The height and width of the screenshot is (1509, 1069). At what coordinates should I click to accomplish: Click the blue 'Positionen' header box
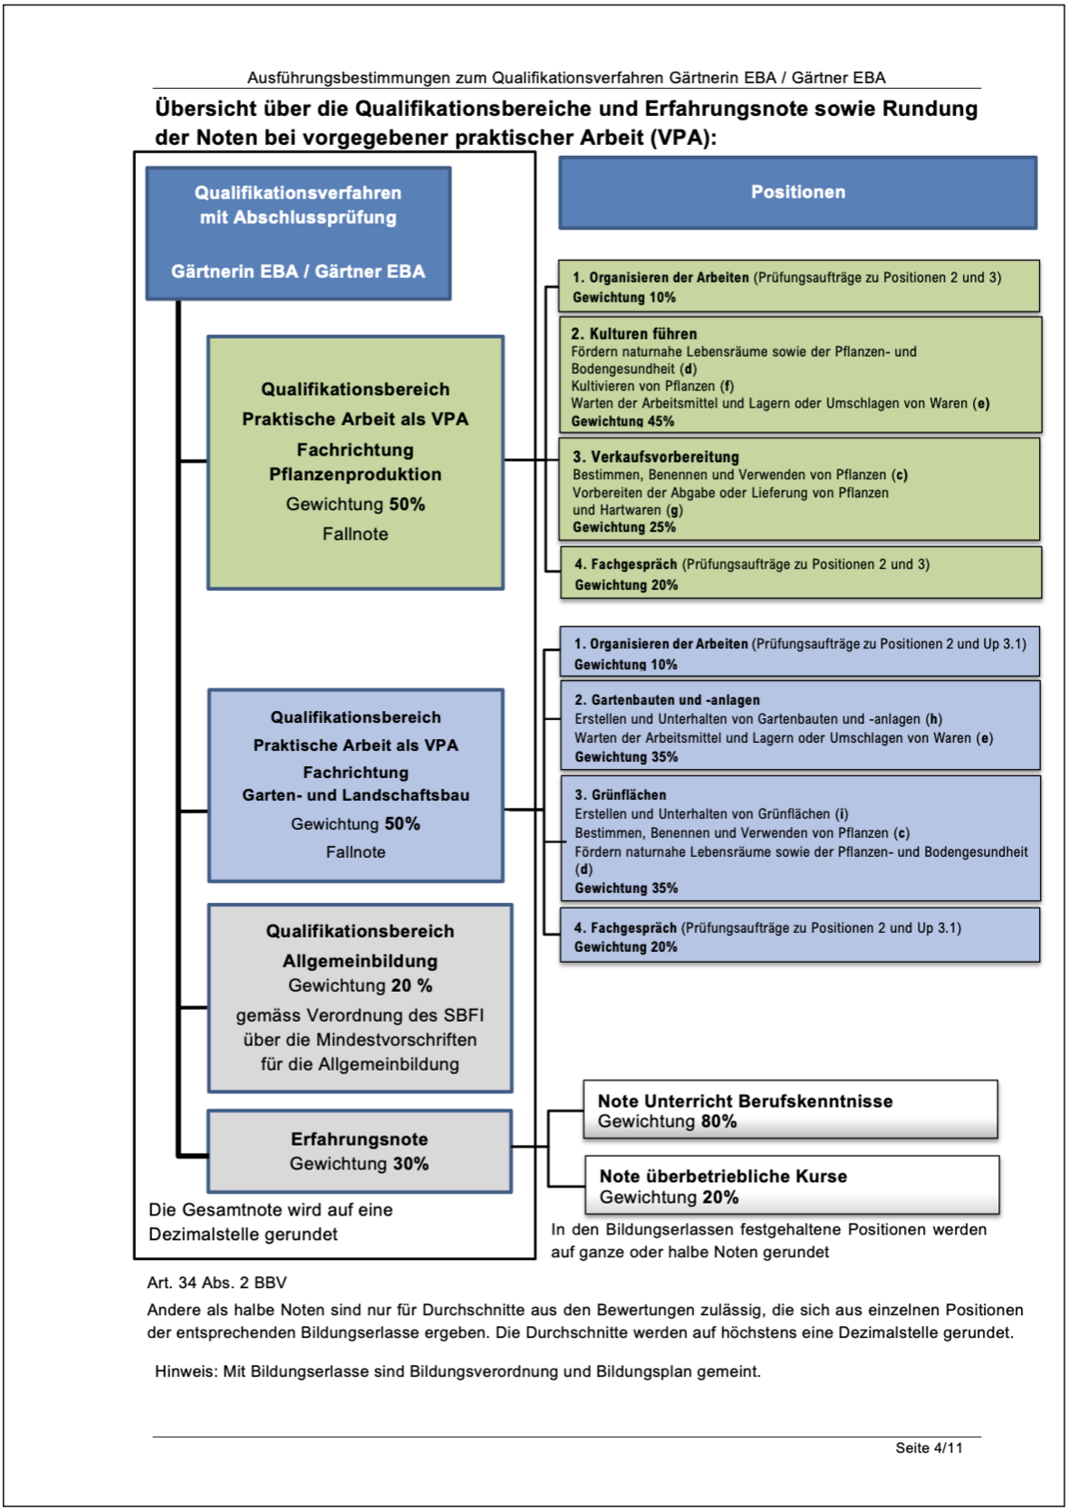coord(797,192)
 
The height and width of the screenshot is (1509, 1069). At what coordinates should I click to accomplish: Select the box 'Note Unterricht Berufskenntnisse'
coord(790,1110)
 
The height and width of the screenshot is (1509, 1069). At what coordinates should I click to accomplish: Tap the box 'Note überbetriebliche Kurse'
coord(792,1186)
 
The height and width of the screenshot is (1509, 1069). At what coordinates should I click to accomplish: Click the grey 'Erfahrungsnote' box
coord(360,1150)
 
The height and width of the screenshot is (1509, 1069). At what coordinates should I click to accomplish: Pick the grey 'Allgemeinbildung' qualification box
coord(360,997)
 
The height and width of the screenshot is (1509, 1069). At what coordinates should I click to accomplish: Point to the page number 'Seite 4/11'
coord(929,1447)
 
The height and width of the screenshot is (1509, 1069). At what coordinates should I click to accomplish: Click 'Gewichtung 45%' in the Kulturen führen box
coord(622,421)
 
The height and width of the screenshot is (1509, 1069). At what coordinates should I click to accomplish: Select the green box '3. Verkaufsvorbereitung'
coord(799,490)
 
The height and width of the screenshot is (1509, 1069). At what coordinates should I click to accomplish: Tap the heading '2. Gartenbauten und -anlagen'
coord(667,700)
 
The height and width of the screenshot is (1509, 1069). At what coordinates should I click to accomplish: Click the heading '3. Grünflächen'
coord(621,794)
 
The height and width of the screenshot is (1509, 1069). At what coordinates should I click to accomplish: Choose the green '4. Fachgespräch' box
coord(801,573)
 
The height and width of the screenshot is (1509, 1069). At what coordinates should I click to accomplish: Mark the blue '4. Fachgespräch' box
coord(799,937)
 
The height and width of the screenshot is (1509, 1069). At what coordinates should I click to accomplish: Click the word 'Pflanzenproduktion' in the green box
coord(355,475)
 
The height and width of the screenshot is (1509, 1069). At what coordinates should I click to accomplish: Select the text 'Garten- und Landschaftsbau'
coord(355,795)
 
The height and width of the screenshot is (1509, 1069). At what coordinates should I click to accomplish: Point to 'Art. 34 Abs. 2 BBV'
coord(217,1283)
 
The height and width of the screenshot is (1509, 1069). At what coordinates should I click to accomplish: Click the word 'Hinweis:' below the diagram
coord(186,1371)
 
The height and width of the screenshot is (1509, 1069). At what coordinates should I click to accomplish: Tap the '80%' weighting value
coord(718,1121)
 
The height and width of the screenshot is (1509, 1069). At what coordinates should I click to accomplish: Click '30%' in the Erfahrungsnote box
coord(410,1164)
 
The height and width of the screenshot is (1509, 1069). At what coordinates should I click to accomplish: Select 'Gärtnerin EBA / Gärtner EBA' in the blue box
coord(298,271)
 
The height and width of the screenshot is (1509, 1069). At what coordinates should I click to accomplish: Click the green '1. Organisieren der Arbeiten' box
coord(799,286)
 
